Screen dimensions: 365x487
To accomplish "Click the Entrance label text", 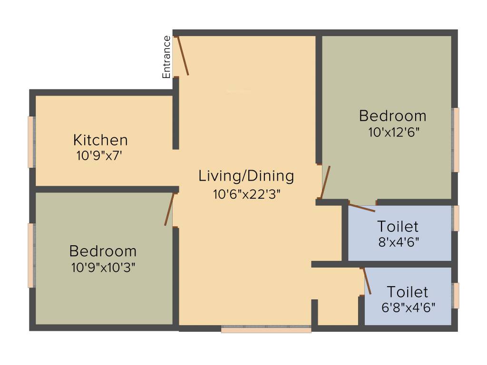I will (166, 57).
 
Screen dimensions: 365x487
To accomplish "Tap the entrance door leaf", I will (183, 56).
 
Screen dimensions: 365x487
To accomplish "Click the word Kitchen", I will (100, 140).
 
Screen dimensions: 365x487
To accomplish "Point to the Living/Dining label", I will (246, 176).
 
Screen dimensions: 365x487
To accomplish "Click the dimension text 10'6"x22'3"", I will (247, 194).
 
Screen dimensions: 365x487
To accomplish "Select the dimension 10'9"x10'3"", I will (103, 267).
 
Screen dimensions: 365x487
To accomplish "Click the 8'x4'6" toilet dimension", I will (398, 241).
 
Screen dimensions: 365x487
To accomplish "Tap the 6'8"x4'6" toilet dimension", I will (408, 307).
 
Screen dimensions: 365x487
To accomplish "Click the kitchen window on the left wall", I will (31, 142).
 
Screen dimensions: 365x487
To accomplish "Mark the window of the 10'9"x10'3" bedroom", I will (31, 255).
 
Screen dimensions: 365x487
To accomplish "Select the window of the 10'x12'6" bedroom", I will (456, 140).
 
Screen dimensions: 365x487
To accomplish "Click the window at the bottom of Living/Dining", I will (266, 329).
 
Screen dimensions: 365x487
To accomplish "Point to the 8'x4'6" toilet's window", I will (456, 218).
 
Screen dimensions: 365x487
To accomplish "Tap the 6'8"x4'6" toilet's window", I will (456, 295).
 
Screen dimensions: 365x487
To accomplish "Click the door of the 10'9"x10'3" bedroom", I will (169, 209).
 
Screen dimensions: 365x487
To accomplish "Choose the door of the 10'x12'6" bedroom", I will (325, 182).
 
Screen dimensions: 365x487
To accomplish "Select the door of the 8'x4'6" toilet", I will (362, 207).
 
